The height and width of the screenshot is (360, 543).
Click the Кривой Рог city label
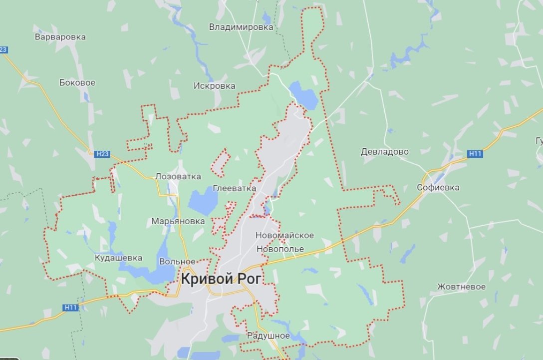click(x=221, y=279)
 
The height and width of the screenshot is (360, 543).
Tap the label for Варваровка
click(x=60, y=37)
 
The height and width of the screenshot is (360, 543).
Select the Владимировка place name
click(x=241, y=27)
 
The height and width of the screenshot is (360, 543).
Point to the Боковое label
click(x=77, y=83)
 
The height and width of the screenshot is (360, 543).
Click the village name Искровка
click(x=214, y=86)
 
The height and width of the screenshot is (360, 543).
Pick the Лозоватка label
click(x=178, y=176)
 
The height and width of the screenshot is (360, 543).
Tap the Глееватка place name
click(x=234, y=188)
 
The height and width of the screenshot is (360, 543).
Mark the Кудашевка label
click(x=118, y=258)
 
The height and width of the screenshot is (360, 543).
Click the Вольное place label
click(x=177, y=261)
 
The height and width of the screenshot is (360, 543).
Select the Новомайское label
click(x=284, y=235)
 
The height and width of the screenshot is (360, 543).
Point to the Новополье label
click(x=280, y=249)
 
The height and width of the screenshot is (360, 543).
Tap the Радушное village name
click(x=269, y=336)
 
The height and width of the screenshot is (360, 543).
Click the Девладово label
click(x=385, y=152)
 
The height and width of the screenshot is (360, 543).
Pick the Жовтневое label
click(x=461, y=287)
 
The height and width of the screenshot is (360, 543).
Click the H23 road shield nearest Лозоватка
click(x=102, y=154)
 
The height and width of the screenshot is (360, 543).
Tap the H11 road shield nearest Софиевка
click(x=476, y=154)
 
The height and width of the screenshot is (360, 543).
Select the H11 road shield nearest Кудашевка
click(x=71, y=308)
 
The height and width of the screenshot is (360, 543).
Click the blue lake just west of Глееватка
click(x=203, y=201)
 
